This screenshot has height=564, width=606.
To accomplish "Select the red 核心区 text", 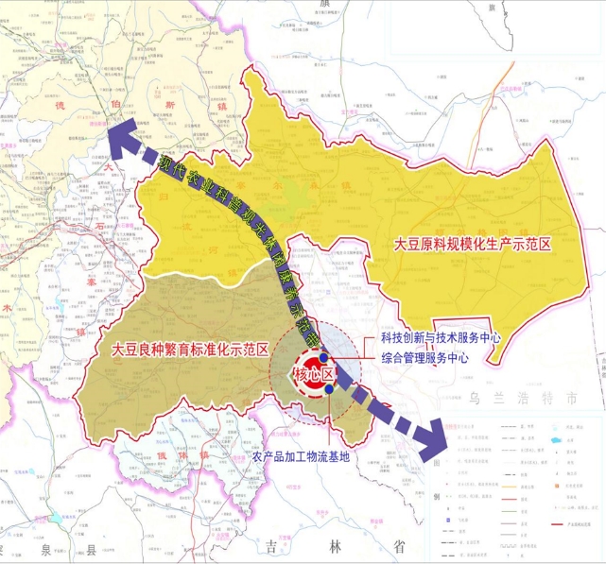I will [315, 376].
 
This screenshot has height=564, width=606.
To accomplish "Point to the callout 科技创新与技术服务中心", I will [440, 338].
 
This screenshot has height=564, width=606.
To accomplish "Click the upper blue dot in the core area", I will [323, 358].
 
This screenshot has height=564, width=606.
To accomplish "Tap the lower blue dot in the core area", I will [328, 388].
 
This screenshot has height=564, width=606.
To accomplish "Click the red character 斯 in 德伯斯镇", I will [167, 105].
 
